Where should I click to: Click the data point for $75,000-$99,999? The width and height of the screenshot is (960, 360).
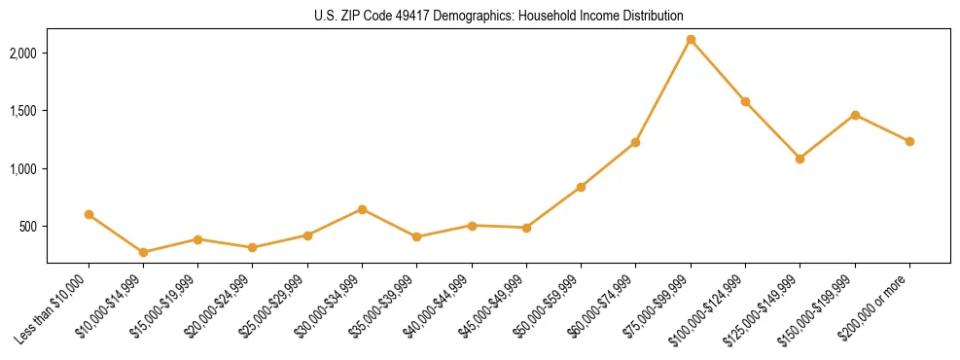pyautogui.click(x=691, y=40)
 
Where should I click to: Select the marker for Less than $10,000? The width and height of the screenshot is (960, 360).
pyautogui.click(x=89, y=214)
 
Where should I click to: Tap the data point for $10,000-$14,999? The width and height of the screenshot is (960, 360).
pyautogui.click(x=144, y=252)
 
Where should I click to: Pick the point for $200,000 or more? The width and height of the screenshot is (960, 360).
pyautogui.click(x=909, y=141)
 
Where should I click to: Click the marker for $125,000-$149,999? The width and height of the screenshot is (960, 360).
pyautogui.click(x=800, y=159)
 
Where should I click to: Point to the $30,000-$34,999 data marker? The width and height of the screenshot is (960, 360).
pyautogui.click(x=362, y=209)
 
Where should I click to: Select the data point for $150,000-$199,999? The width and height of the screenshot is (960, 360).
pyautogui.click(x=855, y=115)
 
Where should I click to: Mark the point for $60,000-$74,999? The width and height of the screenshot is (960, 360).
pyautogui.click(x=635, y=142)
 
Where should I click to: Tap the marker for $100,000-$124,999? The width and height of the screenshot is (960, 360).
pyautogui.click(x=745, y=101)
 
